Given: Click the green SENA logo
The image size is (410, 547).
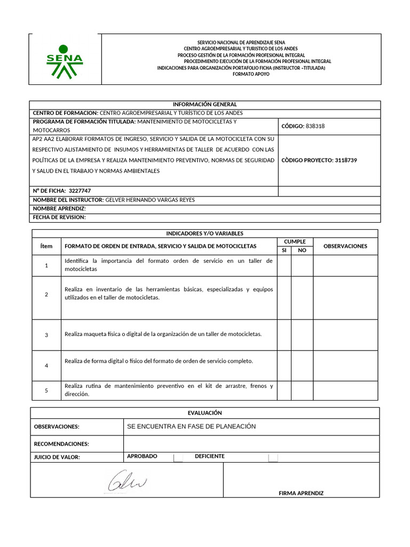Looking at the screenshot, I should (65, 60).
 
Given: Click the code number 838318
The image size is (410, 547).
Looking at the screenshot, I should (315, 126).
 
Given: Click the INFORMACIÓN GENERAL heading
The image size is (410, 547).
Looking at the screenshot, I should (205, 104).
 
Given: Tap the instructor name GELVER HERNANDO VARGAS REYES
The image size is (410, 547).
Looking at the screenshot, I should (151, 200).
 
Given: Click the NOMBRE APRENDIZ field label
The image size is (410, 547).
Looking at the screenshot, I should (59, 209).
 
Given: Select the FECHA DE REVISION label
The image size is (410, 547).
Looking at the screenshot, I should (59, 217).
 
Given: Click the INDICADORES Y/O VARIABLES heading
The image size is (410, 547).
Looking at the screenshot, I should (205, 233).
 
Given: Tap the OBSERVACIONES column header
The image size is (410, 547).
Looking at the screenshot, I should (345, 246).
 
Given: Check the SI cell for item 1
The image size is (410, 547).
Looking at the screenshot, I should (284, 265).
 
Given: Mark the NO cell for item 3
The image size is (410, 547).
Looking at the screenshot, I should (302, 335).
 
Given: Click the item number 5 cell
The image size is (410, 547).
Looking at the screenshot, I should (46, 390).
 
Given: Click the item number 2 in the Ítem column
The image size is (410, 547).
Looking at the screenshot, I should (46, 294).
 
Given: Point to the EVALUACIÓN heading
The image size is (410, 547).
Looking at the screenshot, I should (205, 413).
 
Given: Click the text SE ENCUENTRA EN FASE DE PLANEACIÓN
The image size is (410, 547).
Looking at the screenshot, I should (192, 426).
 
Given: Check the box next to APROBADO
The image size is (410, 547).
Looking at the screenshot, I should (178, 458).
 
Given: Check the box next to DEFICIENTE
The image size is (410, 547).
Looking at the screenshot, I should (273, 458).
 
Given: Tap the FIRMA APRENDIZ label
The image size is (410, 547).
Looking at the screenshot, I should (301, 493).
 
